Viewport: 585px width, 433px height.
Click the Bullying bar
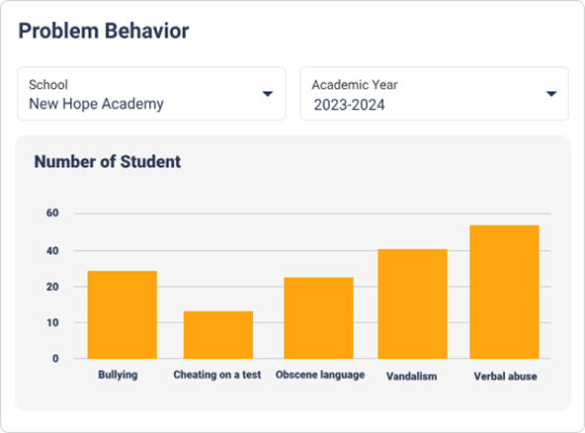coord(122,314)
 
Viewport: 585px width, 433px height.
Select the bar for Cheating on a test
coord(217,335)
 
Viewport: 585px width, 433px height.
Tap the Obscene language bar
coord(318,317)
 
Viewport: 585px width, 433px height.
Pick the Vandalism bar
coord(412,303)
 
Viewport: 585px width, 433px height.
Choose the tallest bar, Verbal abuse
coord(504,292)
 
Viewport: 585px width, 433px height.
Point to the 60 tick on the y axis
coord(52,213)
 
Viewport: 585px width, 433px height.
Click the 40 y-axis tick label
coord(52,251)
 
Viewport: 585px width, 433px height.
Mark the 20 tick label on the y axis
coord(52,287)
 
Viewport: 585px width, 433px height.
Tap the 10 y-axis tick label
coord(52,322)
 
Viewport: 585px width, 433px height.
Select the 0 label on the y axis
coord(55,359)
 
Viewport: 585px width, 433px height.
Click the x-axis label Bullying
coord(118,376)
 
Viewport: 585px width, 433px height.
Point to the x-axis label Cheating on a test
coord(217,376)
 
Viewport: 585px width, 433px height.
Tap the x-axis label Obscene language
coord(320,376)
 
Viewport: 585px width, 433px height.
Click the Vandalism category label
coord(412,377)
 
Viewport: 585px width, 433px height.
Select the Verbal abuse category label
coord(505,377)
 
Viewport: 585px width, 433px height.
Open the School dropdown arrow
coord(267,94)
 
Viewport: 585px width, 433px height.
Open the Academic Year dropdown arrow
coord(551,94)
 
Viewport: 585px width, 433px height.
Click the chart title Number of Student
coord(108,161)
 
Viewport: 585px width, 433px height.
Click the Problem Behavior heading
coord(104,31)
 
